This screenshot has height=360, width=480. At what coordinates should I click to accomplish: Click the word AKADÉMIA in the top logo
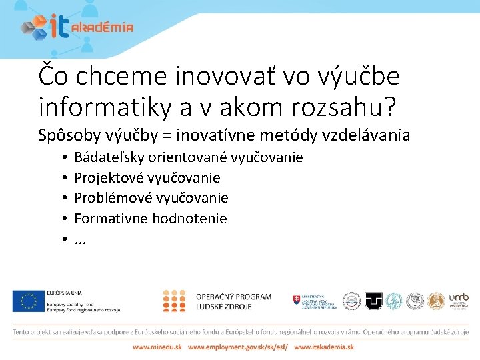102,27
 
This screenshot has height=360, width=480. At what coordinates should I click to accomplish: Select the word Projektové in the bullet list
106,178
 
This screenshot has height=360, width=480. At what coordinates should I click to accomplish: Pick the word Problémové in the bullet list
108,198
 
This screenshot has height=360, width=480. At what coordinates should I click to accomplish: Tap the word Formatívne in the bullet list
111,218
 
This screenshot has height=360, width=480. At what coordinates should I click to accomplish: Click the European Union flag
27,301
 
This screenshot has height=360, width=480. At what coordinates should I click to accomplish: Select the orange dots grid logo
174,301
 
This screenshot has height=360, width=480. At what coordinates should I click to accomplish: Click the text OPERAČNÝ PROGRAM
233,297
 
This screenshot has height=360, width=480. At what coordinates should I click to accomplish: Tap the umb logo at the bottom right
458,301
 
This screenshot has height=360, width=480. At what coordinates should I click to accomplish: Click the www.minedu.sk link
157,347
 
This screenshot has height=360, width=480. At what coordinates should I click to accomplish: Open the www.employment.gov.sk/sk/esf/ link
238,347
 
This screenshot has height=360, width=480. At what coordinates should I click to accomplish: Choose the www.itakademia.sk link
324,347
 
